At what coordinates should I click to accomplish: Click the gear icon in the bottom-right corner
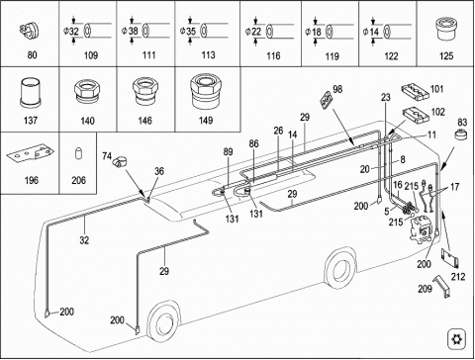pos(457,338)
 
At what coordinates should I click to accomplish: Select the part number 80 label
pos(32,54)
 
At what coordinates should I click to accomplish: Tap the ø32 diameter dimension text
pos(71,32)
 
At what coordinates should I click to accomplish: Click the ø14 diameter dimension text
pos(371,32)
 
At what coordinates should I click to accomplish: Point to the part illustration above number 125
pos(446,29)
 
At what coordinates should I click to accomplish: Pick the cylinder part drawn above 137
pos(31,93)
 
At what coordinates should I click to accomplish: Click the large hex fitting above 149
pos(205,91)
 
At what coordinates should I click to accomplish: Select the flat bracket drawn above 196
pos(31,154)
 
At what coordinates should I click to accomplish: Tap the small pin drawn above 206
pos(78,153)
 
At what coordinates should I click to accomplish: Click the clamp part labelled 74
pos(120,161)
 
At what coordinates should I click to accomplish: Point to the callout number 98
pos(337,89)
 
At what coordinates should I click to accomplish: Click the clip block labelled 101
pos(415,92)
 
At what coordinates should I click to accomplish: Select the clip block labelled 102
pos(417,116)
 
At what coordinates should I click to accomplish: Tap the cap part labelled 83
pos(460,135)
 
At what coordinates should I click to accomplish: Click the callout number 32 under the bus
pos(84,240)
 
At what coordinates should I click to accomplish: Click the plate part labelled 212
pos(450,258)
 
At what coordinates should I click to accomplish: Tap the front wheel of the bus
pos(163,323)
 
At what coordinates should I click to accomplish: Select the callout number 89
pos(228,152)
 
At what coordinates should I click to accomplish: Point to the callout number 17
pos(455,187)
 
